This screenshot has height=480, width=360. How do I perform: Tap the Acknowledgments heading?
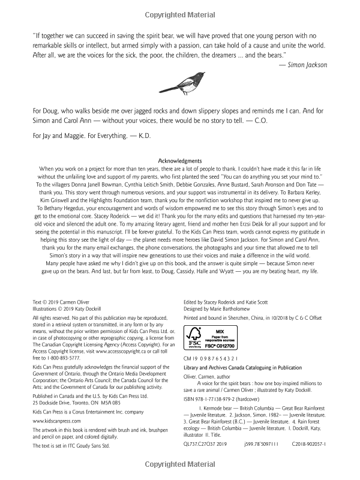[179, 161]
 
